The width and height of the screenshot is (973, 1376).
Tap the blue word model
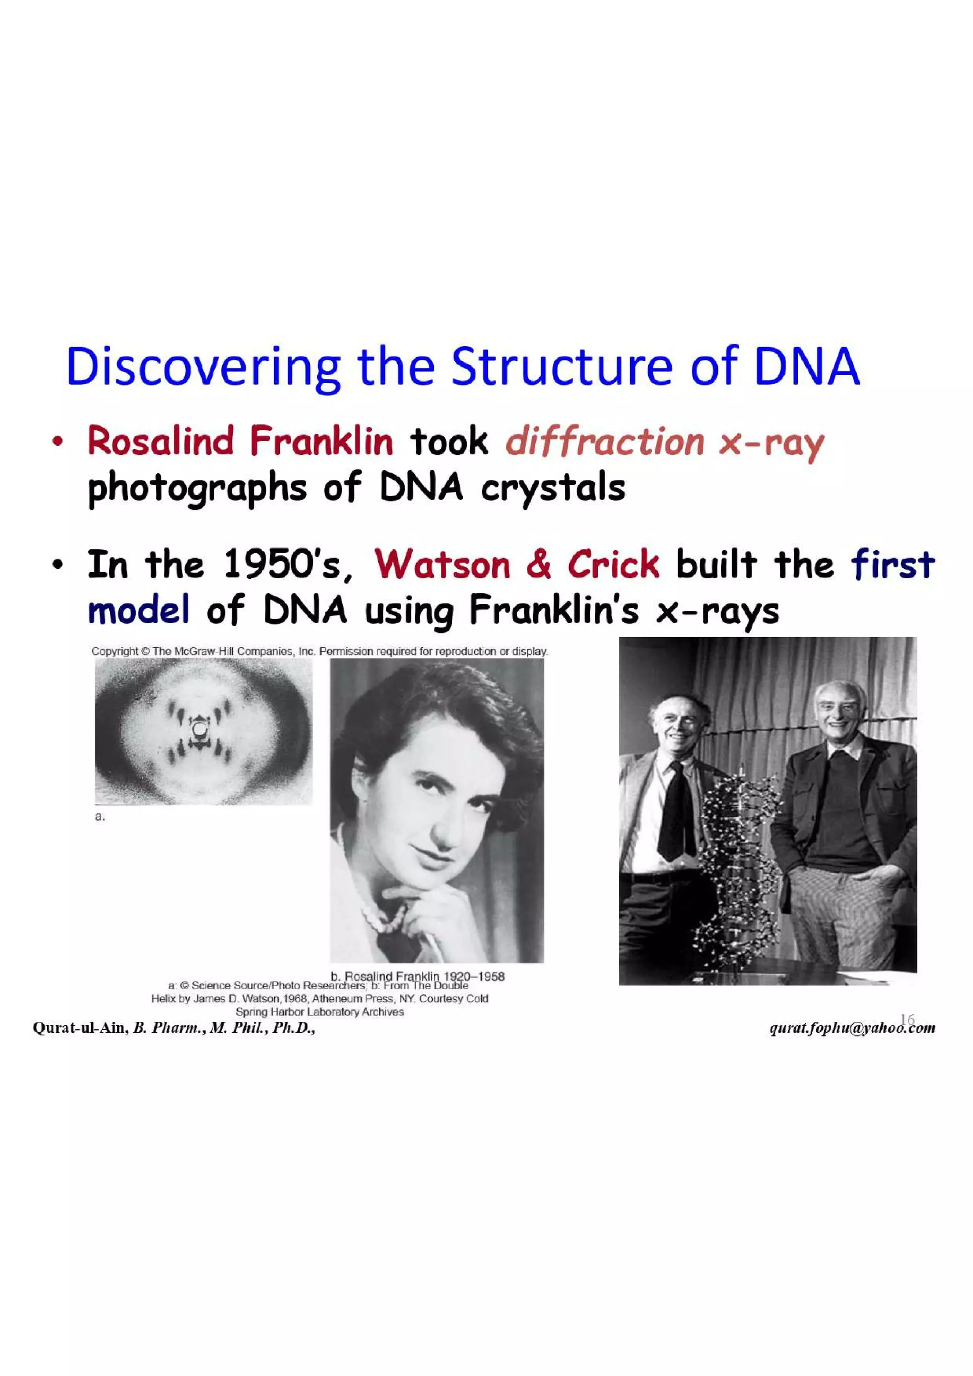(x=138, y=611)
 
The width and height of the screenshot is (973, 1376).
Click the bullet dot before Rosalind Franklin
(x=57, y=443)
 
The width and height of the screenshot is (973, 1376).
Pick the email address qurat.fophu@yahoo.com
(x=851, y=1028)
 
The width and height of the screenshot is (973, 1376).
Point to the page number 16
(x=907, y=1019)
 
